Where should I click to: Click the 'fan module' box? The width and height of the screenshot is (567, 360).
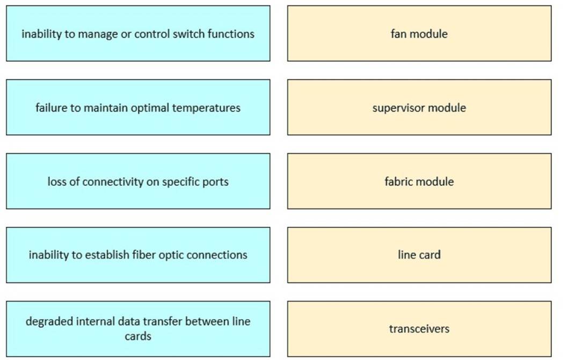coord(419,33)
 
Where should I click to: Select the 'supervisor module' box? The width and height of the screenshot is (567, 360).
coord(419,107)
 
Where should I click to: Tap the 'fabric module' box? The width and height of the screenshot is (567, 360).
coord(419,181)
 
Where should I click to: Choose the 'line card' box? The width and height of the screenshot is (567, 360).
coord(419,255)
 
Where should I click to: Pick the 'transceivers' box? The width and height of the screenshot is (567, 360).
coord(419,328)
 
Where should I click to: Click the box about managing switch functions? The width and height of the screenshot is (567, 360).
coord(138,33)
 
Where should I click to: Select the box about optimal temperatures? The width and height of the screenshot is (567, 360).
coord(138,107)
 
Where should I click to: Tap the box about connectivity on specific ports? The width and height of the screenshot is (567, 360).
coord(138,181)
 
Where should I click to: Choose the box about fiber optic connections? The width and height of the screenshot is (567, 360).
coord(138,255)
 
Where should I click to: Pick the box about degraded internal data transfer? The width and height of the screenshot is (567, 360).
coord(138,328)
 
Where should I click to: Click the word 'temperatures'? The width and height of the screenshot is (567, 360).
coord(206,108)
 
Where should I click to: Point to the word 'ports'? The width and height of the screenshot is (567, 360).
coord(216,182)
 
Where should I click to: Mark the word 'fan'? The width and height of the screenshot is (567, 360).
coord(399,34)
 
